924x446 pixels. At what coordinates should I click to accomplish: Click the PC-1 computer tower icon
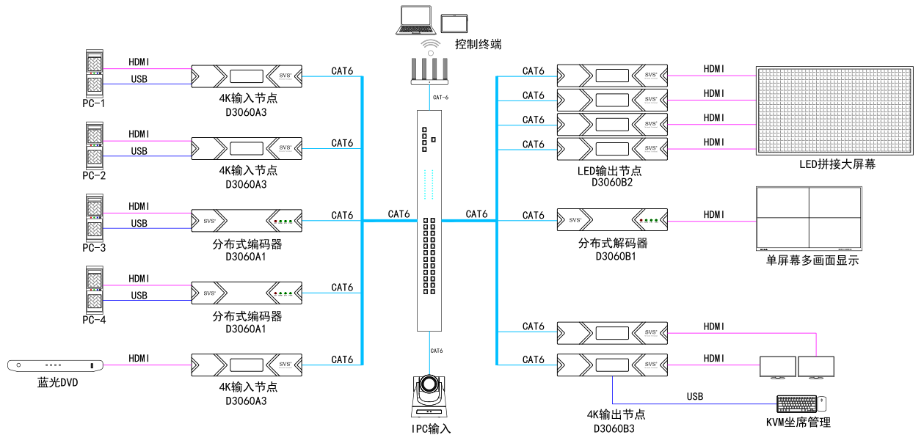click(93, 73)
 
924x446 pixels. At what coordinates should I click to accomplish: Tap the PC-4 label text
click(93, 320)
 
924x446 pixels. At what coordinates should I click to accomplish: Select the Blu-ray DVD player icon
click(55, 365)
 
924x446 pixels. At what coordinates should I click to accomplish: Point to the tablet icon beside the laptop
click(454, 23)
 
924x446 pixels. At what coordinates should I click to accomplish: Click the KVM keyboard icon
click(796, 403)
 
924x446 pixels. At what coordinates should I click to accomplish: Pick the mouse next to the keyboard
click(823, 403)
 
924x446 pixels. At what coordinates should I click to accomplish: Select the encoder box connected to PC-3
click(246, 220)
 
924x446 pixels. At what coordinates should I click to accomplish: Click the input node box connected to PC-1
click(246, 76)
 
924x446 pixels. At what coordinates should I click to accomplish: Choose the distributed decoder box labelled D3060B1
click(612, 220)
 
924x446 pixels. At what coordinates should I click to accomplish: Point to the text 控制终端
click(478, 45)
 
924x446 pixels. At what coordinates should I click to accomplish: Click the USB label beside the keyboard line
click(694, 397)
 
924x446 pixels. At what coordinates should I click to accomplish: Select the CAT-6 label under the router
click(440, 98)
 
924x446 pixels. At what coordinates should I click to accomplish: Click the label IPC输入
click(431, 429)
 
